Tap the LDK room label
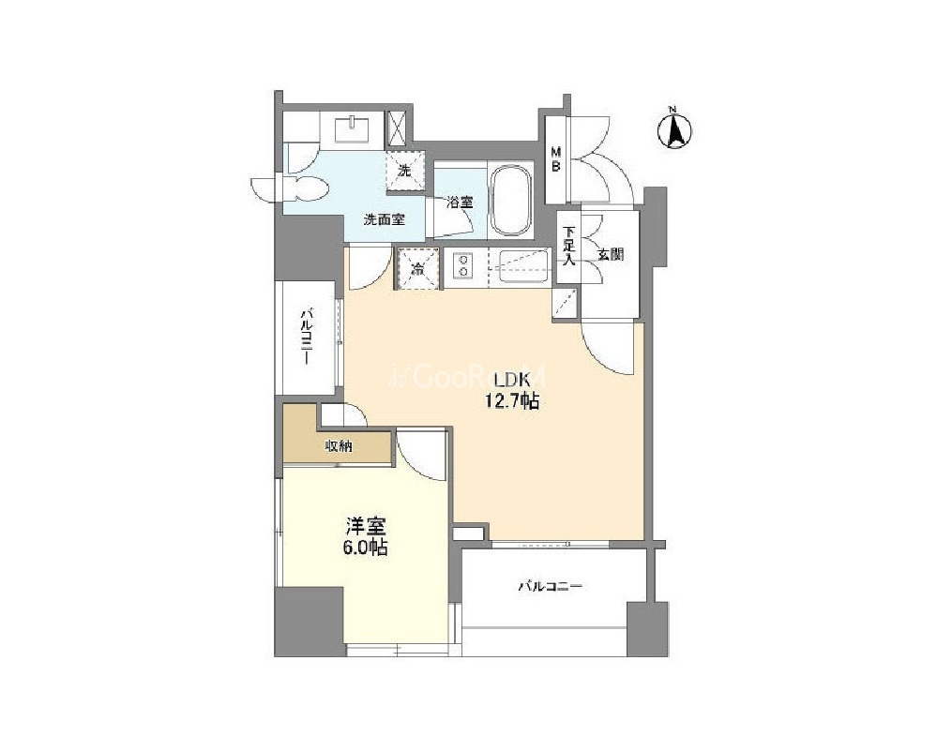coord(511,380)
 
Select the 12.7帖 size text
coord(511,401)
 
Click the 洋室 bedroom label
coord(366,526)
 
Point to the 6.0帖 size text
coord(365,547)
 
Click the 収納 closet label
coord(339,445)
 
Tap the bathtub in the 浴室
coord(509,199)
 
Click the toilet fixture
coord(309,188)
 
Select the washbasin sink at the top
coord(352,129)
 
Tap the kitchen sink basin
coord(524,266)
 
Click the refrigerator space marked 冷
coord(417,268)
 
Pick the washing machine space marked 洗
coord(406,171)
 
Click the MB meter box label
coord(555,158)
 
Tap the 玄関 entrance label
coord(611,255)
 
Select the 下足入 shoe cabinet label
coord(569,246)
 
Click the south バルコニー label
coord(550,587)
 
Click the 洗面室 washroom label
coord(385,219)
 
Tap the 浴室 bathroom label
coord(460,202)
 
